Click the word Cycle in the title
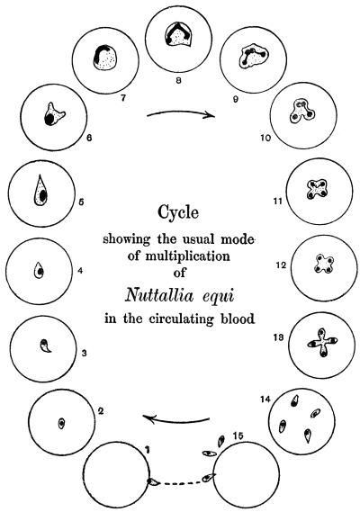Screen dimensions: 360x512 178,213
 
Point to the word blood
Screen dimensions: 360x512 238,319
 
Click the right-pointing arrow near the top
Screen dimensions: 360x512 181,113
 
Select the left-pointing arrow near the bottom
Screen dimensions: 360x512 175,418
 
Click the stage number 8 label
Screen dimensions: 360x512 178,80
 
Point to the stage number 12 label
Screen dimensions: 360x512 281,265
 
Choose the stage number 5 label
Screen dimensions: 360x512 81,202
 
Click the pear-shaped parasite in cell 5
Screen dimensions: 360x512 40,190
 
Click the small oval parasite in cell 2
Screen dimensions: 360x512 61,424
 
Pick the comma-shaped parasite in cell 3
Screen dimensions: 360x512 46,346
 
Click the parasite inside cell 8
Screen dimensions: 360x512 177,35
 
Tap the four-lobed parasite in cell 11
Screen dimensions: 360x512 316,189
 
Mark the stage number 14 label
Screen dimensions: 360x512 265,399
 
